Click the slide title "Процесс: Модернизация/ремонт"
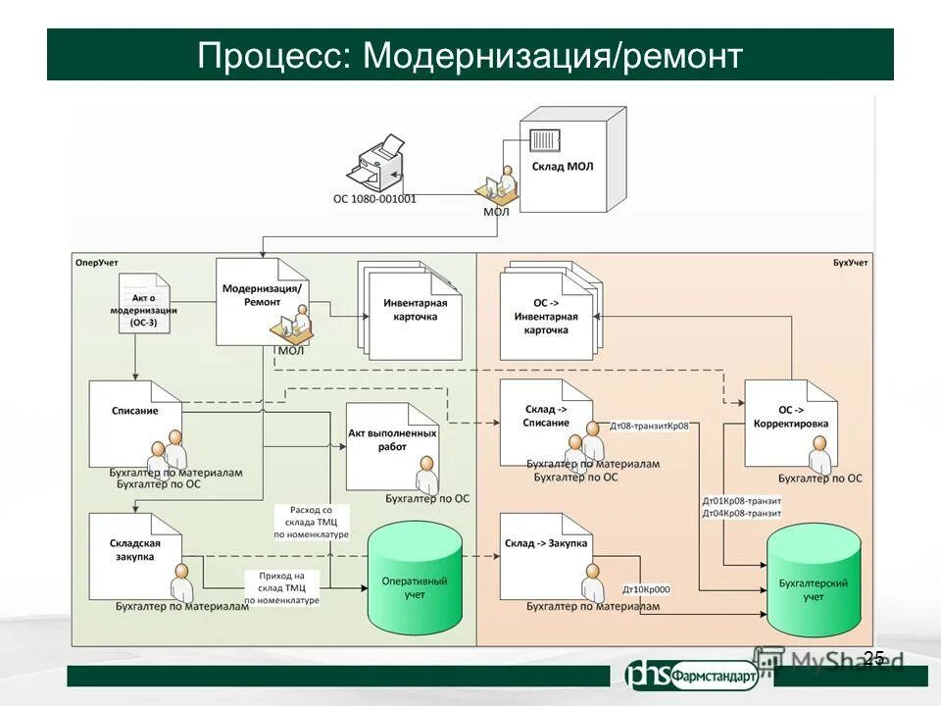(x=470, y=55)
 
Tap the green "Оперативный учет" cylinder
(x=414, y=580)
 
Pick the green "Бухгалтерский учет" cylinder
(x=814, y=580)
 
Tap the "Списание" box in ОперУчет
(x=135, y=422)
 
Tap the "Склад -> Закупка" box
(x=547, y=551)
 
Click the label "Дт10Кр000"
(x=646, y=590)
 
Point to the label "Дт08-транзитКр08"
(x=649, y=427)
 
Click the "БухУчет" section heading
(x=850, y=263)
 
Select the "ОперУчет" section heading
(x=97, y=263)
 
